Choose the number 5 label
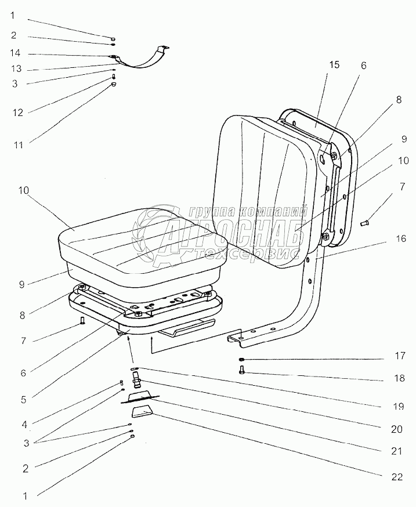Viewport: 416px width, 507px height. (23, 399)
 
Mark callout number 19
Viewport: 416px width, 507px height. (397, 407)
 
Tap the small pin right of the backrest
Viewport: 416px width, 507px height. (366, 222)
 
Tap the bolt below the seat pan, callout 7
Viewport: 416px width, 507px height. (83, 320)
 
